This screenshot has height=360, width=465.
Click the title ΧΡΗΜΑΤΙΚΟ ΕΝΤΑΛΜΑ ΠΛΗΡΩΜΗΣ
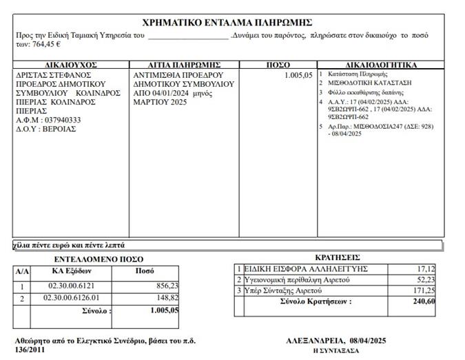pyautogui.click(x=227, y=22)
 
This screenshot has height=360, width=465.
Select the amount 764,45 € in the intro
pyautogui.click(x=44, y=43)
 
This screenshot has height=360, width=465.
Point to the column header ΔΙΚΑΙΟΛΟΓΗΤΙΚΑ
pyautogui.click(x=380, y=65)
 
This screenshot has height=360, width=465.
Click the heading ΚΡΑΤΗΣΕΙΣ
pyautogui.click(x=335, y=255)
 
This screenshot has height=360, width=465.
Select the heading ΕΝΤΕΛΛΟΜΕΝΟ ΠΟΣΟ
pyautogui.click(x=99, y=260)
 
